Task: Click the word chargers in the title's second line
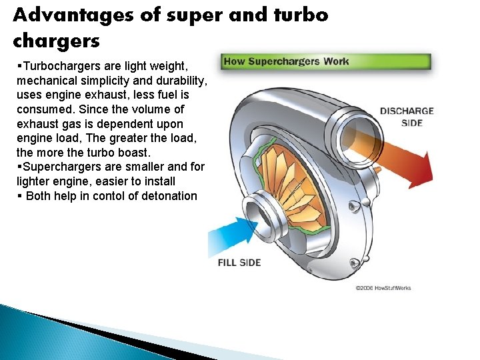point(56,41)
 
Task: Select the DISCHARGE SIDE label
point(407,116)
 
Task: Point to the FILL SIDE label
point(239,262)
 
